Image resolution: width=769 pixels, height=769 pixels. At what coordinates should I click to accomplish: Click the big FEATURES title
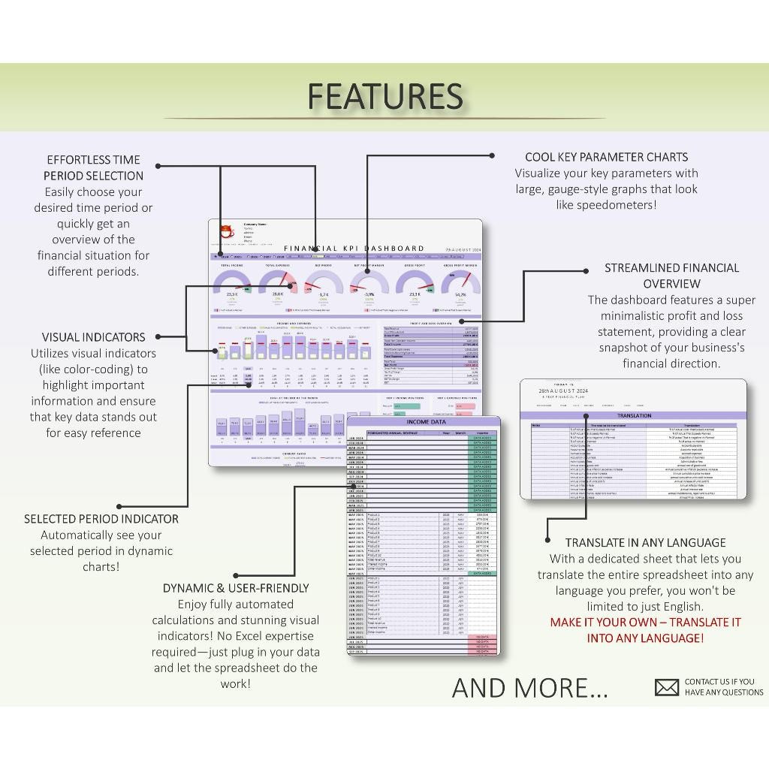384,96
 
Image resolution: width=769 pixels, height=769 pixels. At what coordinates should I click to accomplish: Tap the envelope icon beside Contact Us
666,687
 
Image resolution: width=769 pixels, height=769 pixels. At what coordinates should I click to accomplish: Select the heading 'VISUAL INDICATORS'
94,337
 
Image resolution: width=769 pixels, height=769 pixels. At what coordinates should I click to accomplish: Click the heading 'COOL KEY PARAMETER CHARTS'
606,157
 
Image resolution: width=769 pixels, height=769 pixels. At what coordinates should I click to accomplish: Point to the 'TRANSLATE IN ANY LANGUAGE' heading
645,542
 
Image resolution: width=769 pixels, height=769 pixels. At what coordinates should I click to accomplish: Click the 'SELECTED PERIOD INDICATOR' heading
101,519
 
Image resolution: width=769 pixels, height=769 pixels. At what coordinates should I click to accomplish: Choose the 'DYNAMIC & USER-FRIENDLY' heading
236,588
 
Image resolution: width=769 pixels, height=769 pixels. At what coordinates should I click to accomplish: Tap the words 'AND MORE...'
529,687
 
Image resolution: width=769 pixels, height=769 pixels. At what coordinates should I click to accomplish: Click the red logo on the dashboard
226,232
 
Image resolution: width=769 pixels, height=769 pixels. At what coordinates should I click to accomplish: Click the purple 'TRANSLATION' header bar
634,415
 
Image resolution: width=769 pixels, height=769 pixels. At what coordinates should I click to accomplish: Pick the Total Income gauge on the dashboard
232,284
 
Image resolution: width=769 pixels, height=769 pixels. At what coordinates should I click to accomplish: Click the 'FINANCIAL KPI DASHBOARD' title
354,248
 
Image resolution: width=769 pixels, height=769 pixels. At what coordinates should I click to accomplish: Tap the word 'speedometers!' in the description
620,204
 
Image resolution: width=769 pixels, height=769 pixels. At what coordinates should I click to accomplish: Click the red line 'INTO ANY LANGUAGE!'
645,638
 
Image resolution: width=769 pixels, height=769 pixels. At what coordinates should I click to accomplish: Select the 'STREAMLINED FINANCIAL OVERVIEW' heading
671,276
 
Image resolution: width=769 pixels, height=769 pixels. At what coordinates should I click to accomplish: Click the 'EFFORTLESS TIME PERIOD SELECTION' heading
94,167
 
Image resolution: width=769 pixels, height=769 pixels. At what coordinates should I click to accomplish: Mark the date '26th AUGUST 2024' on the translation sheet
563,391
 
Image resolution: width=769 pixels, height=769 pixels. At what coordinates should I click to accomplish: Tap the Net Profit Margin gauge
369,284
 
